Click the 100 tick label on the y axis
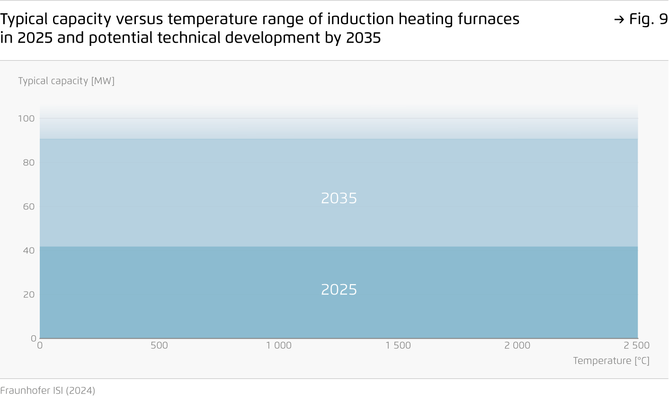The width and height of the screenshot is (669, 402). click(27, 118)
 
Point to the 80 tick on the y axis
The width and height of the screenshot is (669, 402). click(29, 162)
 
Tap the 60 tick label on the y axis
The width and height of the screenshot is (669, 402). click(29, 206)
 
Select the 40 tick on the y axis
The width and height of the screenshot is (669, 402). click(29, 250)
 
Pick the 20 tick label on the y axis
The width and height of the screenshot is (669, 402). click(29, 295)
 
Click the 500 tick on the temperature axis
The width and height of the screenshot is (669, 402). click(159, 345)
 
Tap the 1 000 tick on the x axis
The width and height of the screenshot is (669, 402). click(279, 345)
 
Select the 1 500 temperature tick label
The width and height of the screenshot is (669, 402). click(398, 345)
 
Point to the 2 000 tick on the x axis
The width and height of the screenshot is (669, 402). click(517, 345)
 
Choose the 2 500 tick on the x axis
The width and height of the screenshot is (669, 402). click(636, 345)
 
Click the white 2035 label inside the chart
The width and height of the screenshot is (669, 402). click(339, 198)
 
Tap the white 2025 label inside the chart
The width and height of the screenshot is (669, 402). click(339, 290)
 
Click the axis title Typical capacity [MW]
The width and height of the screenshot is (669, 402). click(66, 81)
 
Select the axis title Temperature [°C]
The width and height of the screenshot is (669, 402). click(611, 361)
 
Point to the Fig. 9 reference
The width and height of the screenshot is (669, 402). click(648, 19)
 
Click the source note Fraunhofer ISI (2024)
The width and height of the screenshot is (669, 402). click(47, 390)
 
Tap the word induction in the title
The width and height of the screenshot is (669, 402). click(360, 19)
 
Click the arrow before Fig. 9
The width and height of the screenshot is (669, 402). click(619, 20)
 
